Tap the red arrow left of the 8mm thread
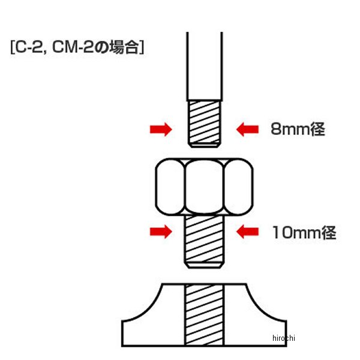[160, 129]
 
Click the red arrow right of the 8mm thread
[247, 129]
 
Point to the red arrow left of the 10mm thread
[160, 231]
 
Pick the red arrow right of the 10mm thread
[247, 231]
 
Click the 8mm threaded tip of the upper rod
[203, 123]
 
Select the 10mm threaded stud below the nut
[203, 241]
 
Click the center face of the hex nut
[203, 186]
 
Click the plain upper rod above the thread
[203, 66]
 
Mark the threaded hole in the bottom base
[203, 315]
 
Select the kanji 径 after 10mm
[328, 232]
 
